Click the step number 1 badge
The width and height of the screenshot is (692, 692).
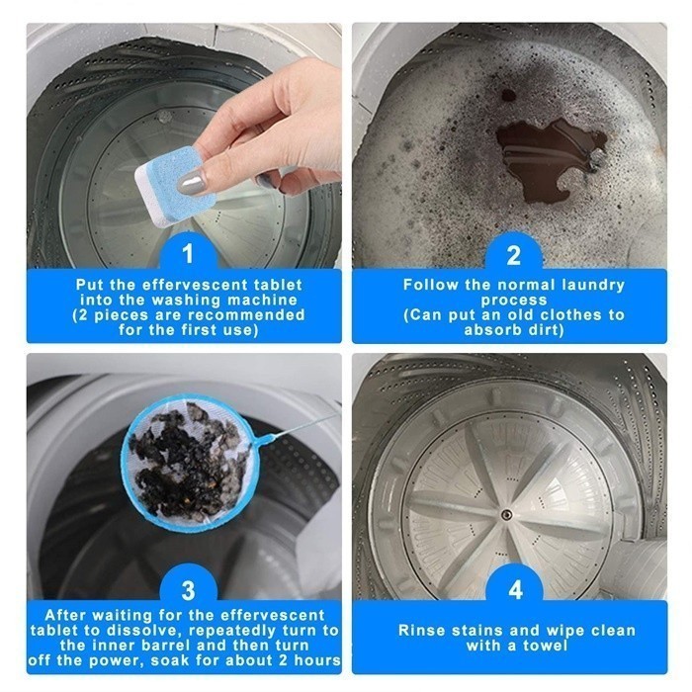click(188, 254)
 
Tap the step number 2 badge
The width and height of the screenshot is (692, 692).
click(514, 255)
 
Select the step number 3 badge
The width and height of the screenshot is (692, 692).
click(188, 589)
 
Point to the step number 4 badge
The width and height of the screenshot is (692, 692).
click(515, 589)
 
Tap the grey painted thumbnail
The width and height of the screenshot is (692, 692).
click(192, 182)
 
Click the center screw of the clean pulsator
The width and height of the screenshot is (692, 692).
click(506, 514)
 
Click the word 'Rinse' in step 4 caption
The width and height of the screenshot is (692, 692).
click(421, 631)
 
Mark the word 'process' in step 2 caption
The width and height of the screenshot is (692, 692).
click(514, 301)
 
